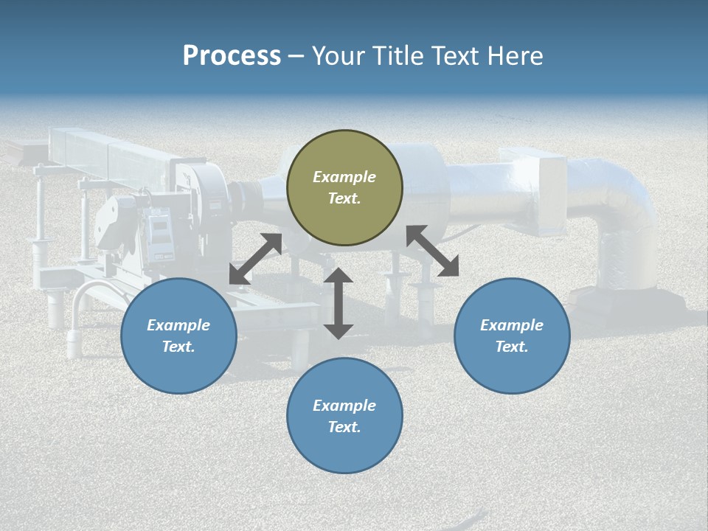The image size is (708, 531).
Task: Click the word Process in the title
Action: point(232,55)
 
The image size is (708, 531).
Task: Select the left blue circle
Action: point(178,336)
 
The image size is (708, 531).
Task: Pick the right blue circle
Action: point(512,336)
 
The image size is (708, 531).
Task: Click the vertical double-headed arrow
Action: point(339,303)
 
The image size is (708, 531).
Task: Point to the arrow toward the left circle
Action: point(255,259)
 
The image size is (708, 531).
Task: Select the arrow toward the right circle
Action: point(432,251)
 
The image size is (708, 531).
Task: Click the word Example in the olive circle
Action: point(344,177)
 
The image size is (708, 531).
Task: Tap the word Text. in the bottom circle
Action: point(344,427)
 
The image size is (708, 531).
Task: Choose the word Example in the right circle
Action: point(512,325)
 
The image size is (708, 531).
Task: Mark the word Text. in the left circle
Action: point(178,347)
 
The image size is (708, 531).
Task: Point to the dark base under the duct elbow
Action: point(627,299)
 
